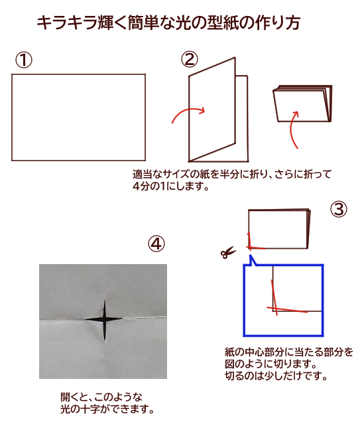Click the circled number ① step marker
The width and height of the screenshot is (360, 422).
pyautogui.click(x=24, y=60)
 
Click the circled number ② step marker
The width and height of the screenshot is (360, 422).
pyautogui.click(x=190, y=60)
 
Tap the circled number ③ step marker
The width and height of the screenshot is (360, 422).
pyautogui.click(x=339, y=210)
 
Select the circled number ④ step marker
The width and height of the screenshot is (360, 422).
pyautogui.click(x=156, y=244)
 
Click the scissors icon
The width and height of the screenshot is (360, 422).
pyautogui.click(x=228, y=252)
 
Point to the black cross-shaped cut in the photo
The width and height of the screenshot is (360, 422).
pyautogui.click(x=104, y=320)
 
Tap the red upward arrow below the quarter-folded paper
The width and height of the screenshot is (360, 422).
pyautogui.click(x=294, y=129)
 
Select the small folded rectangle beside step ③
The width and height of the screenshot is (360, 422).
pyautogui.click(x=279, y=228)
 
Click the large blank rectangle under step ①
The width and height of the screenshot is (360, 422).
pyautogui.click(x=78, y=117)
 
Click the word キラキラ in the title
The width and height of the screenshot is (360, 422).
pyautogui.click(x=67, y=23)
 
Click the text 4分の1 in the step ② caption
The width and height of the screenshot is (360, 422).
pyautogui.click(x=149, y=186)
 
